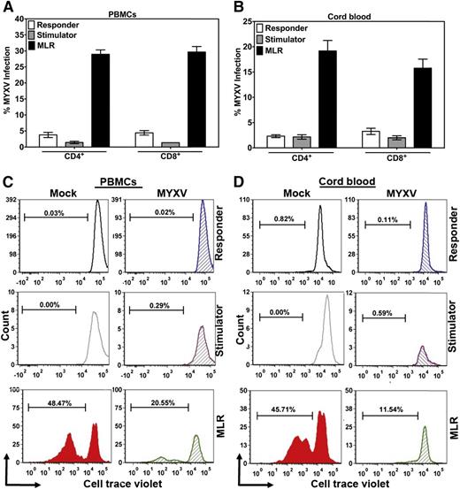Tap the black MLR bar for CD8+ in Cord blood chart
tap(415, 107)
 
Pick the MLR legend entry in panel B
tap(294, 38)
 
